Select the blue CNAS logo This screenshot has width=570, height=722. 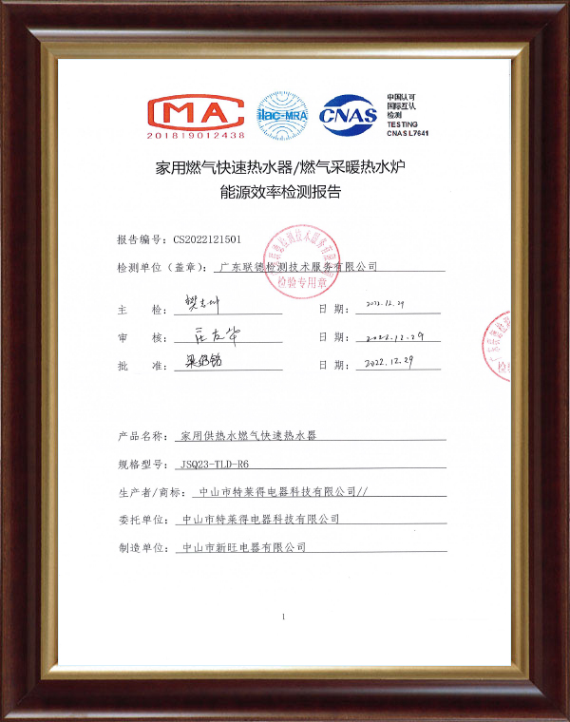349,116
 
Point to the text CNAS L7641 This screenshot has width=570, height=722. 408,134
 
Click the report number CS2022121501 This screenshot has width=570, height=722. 208,239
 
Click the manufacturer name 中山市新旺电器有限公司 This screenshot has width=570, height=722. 244,548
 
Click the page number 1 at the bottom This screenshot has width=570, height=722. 283,617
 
